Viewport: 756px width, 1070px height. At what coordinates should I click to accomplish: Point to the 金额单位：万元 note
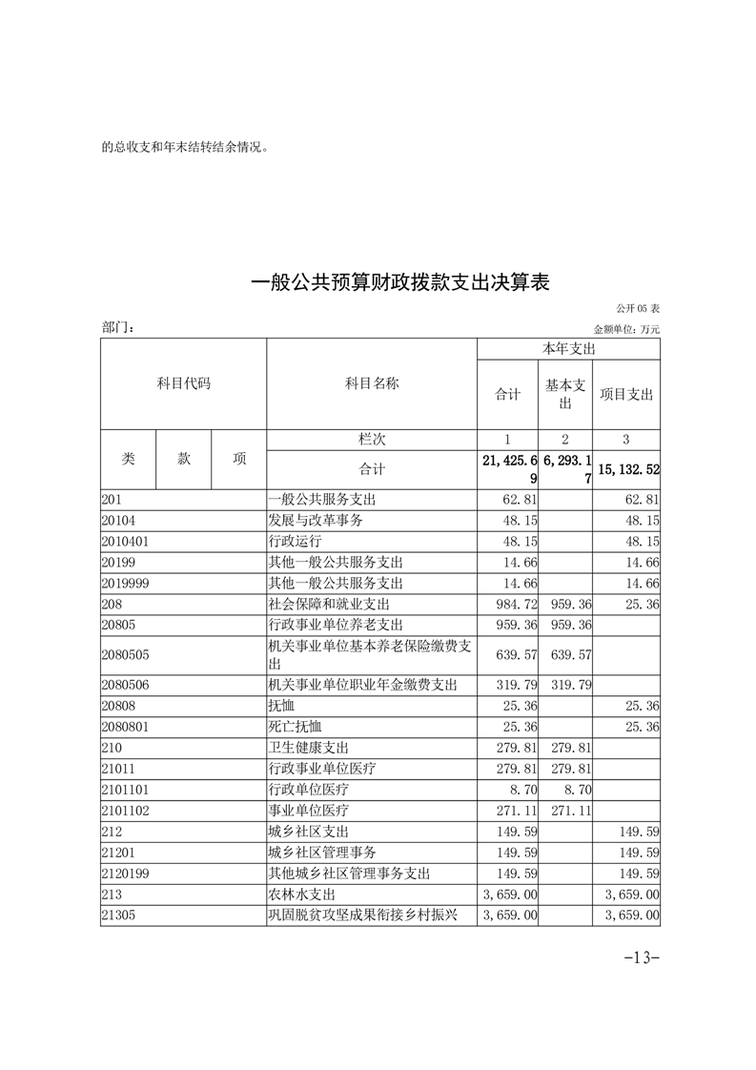[626, 329]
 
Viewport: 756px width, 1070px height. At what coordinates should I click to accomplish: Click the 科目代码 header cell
[183, 384]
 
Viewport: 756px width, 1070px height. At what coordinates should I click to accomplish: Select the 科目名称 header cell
[372, 384]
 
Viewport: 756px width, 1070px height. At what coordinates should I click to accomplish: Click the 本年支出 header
[568, 350]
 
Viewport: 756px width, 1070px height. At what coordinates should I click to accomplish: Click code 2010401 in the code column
[125, 542]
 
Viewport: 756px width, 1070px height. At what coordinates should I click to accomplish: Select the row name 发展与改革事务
[316, 521]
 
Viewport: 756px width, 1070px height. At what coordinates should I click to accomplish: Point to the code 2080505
[125, 655]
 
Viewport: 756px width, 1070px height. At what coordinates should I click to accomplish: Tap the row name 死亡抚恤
[296, 727]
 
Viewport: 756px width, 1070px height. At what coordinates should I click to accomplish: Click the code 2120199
[125, 874]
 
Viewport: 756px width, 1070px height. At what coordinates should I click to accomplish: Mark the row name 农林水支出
[302, 895]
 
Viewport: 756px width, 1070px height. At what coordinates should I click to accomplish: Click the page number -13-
[641, 957]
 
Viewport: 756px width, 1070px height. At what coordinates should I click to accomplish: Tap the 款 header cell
[184, 459]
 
